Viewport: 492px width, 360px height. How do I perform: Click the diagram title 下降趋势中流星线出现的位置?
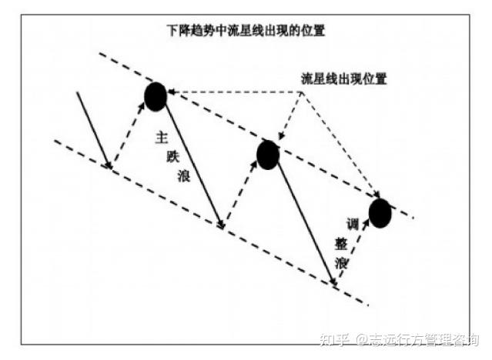pyautogui.click(x=246, y=32)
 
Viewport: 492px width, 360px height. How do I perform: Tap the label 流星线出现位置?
pyautogui.click(x=343, y=78)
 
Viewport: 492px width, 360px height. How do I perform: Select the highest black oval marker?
pyautogui.click(x=155, y=95)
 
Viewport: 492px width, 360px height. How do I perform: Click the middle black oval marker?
pyautogui.click(x=267, y=155)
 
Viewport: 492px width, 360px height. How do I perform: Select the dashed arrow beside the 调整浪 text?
pyautogui.click(x=356, y=254)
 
